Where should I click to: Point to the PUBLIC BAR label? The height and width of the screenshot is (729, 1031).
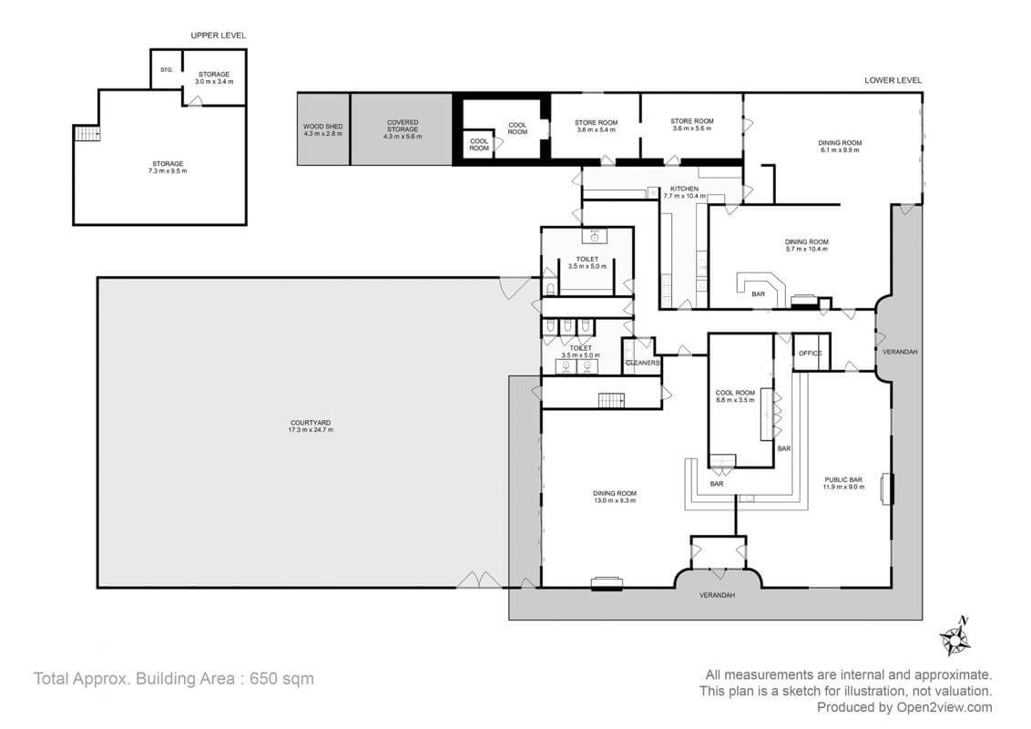pyautogui.click(x=843, y=479)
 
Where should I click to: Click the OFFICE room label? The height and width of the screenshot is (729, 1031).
pyautogui.click(x=810, y=353)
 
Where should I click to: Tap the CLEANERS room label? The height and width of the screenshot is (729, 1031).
pyautogui.click(x=642, y=363)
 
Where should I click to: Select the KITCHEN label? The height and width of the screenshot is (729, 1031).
pyautogui.click(x=684, y=189)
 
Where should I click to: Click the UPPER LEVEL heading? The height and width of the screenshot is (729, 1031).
pyautogui.click(x=218, y=36)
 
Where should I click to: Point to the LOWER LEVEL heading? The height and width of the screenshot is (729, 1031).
pyautogui.click(x=893, y=80)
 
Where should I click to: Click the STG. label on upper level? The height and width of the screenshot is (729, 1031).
pyautogui.click(x=167, y=69)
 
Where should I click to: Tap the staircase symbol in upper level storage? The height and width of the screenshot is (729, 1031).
pyautogui.click(x=87, y=134)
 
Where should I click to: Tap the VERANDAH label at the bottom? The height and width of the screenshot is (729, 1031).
pyautogui.click(x=716, y=595)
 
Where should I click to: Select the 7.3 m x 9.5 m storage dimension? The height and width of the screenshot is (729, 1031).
pyautogui.click(x=160, y=170)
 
